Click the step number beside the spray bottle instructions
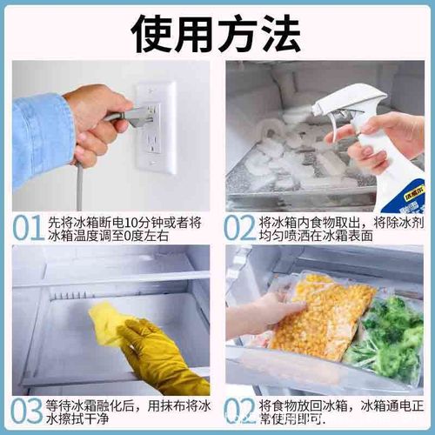tap(239, 227)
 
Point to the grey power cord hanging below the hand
tap(80, 187)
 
